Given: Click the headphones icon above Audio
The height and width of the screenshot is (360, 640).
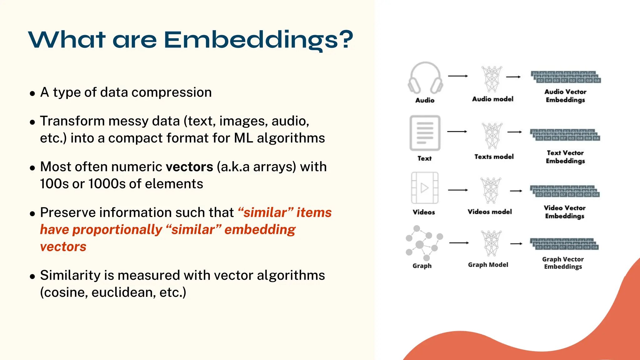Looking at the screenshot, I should pos(425,78).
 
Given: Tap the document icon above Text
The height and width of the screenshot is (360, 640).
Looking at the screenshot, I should pos(425,133).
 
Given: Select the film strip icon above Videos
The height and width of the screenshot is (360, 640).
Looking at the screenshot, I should pos(425,188).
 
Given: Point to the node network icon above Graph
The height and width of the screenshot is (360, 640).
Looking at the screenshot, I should pos(424,243).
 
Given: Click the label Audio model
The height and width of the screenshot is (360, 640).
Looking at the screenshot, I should pos(492,99).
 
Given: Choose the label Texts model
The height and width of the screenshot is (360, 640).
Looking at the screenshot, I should pos(494,157).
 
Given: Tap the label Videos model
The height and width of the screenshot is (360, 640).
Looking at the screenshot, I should pos(490,212).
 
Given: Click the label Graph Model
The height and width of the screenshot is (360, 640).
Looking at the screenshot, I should pos(488,265).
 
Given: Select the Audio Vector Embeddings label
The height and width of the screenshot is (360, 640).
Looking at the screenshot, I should pos(565,96).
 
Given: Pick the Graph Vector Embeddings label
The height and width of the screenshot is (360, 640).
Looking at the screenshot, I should pos(563,263).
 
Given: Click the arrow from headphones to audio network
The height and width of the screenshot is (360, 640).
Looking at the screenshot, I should pos(458,76).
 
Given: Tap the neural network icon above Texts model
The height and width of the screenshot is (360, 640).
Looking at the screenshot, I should pos(492,136).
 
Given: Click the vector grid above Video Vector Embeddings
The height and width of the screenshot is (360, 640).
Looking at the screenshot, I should pos(565,191).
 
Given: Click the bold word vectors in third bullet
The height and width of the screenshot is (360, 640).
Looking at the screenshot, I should pos(189,167).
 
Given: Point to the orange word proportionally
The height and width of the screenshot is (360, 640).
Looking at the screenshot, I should pos(117,230).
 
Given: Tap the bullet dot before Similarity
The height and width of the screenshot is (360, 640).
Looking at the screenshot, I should pos(32,277).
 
